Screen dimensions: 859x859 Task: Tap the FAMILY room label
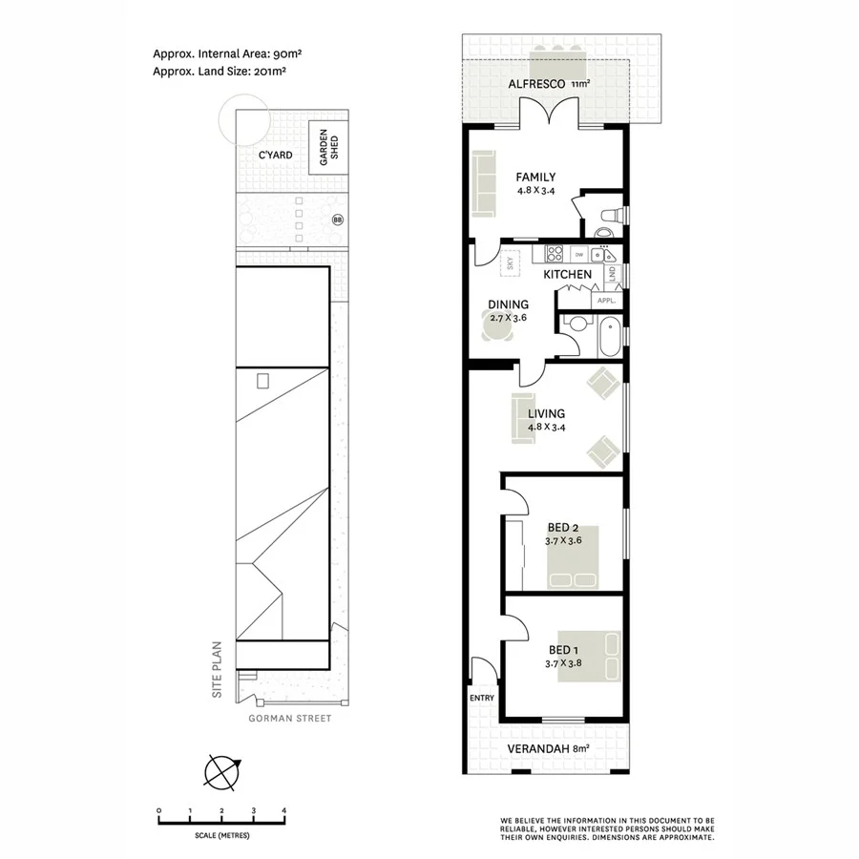point(535,177)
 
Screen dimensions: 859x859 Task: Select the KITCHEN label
point(568,275)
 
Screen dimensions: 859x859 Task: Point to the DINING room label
point(508,305)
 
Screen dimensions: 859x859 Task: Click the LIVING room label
point(546,413)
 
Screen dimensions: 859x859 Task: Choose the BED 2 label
point(563,528)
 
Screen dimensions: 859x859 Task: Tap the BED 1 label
point(562,651)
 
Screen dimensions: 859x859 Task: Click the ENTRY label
point(482,698)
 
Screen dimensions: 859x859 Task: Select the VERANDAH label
point(539,748)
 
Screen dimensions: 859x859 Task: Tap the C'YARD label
point(275,155)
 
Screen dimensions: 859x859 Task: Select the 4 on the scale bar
point(283,810)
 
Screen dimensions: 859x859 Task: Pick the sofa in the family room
point(482,183)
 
